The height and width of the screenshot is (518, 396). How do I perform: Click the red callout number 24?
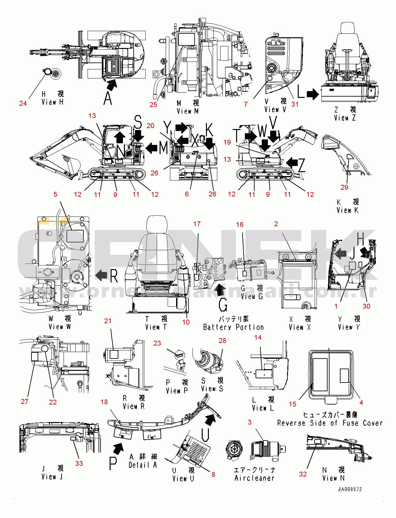[x=23, y=103]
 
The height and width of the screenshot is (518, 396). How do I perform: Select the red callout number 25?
[x=153, y=104]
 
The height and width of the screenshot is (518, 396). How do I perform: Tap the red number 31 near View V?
[x=294, y=104]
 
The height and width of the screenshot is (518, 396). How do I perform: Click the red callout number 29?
[x=344, y=187]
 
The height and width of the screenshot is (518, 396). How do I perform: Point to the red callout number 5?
[x=55, y=194]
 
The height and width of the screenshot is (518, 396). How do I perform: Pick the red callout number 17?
[x=197, y=224]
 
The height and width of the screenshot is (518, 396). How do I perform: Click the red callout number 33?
[x=79, y=464]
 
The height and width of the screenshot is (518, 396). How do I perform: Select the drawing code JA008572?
[x=350, y=489]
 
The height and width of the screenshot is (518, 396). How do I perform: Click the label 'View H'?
[x=53, y=102]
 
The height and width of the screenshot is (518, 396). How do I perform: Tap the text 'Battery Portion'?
[x=234, y=327]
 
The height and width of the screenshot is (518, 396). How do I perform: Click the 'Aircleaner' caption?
[x=255, y=478]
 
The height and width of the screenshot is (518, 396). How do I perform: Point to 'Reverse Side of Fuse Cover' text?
[x=330, y=423]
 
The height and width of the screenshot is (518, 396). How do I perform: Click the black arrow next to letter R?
[x=101, y=276]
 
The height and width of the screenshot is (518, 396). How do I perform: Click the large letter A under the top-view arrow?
[x=108, y=98]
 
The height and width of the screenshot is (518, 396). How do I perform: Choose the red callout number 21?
[x=108, y=321]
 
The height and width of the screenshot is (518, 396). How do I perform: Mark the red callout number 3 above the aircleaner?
[x=249, y=422]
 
